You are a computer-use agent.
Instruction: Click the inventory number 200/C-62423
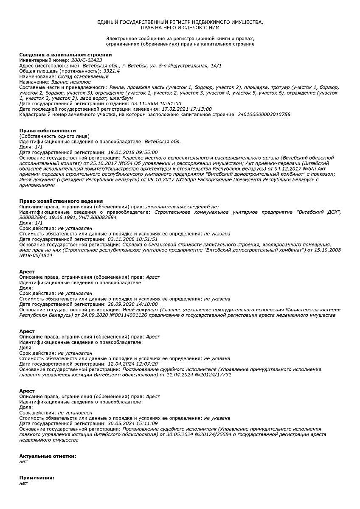click(x=87, y=60)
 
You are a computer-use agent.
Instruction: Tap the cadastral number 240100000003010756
click(x=264, y=115)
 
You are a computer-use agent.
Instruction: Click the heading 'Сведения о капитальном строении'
click(x=65, y=55)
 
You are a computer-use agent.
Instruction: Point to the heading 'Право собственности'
click(x=48, y=131)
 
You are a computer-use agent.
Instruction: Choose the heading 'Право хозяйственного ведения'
click(x=61, y=201)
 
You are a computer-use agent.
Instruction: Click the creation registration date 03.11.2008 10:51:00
click(x=156, y=103)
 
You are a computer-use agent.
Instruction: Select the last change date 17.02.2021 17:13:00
click(x=186, y=109)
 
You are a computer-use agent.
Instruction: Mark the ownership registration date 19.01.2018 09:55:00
click(x=132, y=152)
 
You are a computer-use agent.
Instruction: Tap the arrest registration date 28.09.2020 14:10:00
click(x=132, y=304)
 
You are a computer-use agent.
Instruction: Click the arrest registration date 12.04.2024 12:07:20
click(x=132, y=364)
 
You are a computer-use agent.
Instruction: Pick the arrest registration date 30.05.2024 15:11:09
click(x=132, y=423)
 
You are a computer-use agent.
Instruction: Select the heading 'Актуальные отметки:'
click(x=48, y=456)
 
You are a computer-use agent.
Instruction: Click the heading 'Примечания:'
click(x=37, y=478)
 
